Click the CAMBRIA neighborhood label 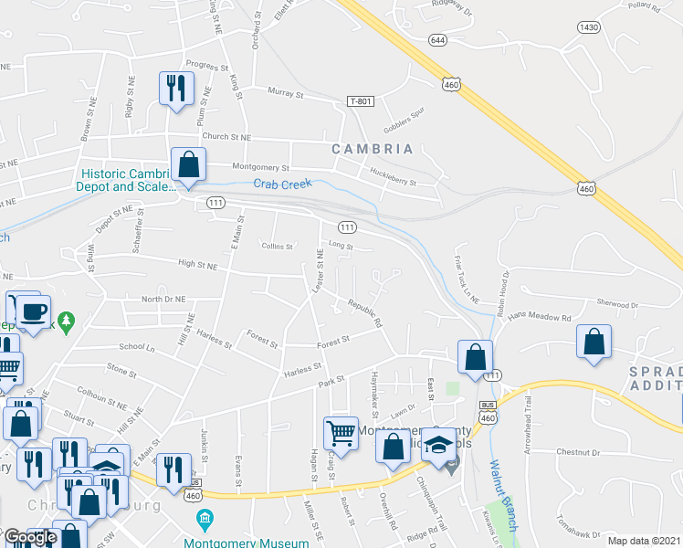[372, 149]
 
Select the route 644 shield [437, 39]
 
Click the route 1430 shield [589, 28]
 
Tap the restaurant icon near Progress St [174, 88]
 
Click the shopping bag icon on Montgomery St [188, 165]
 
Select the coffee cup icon [34, 311]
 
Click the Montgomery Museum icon [205, 521]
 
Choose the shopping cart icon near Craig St [341, 432]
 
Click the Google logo [30, 538]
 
